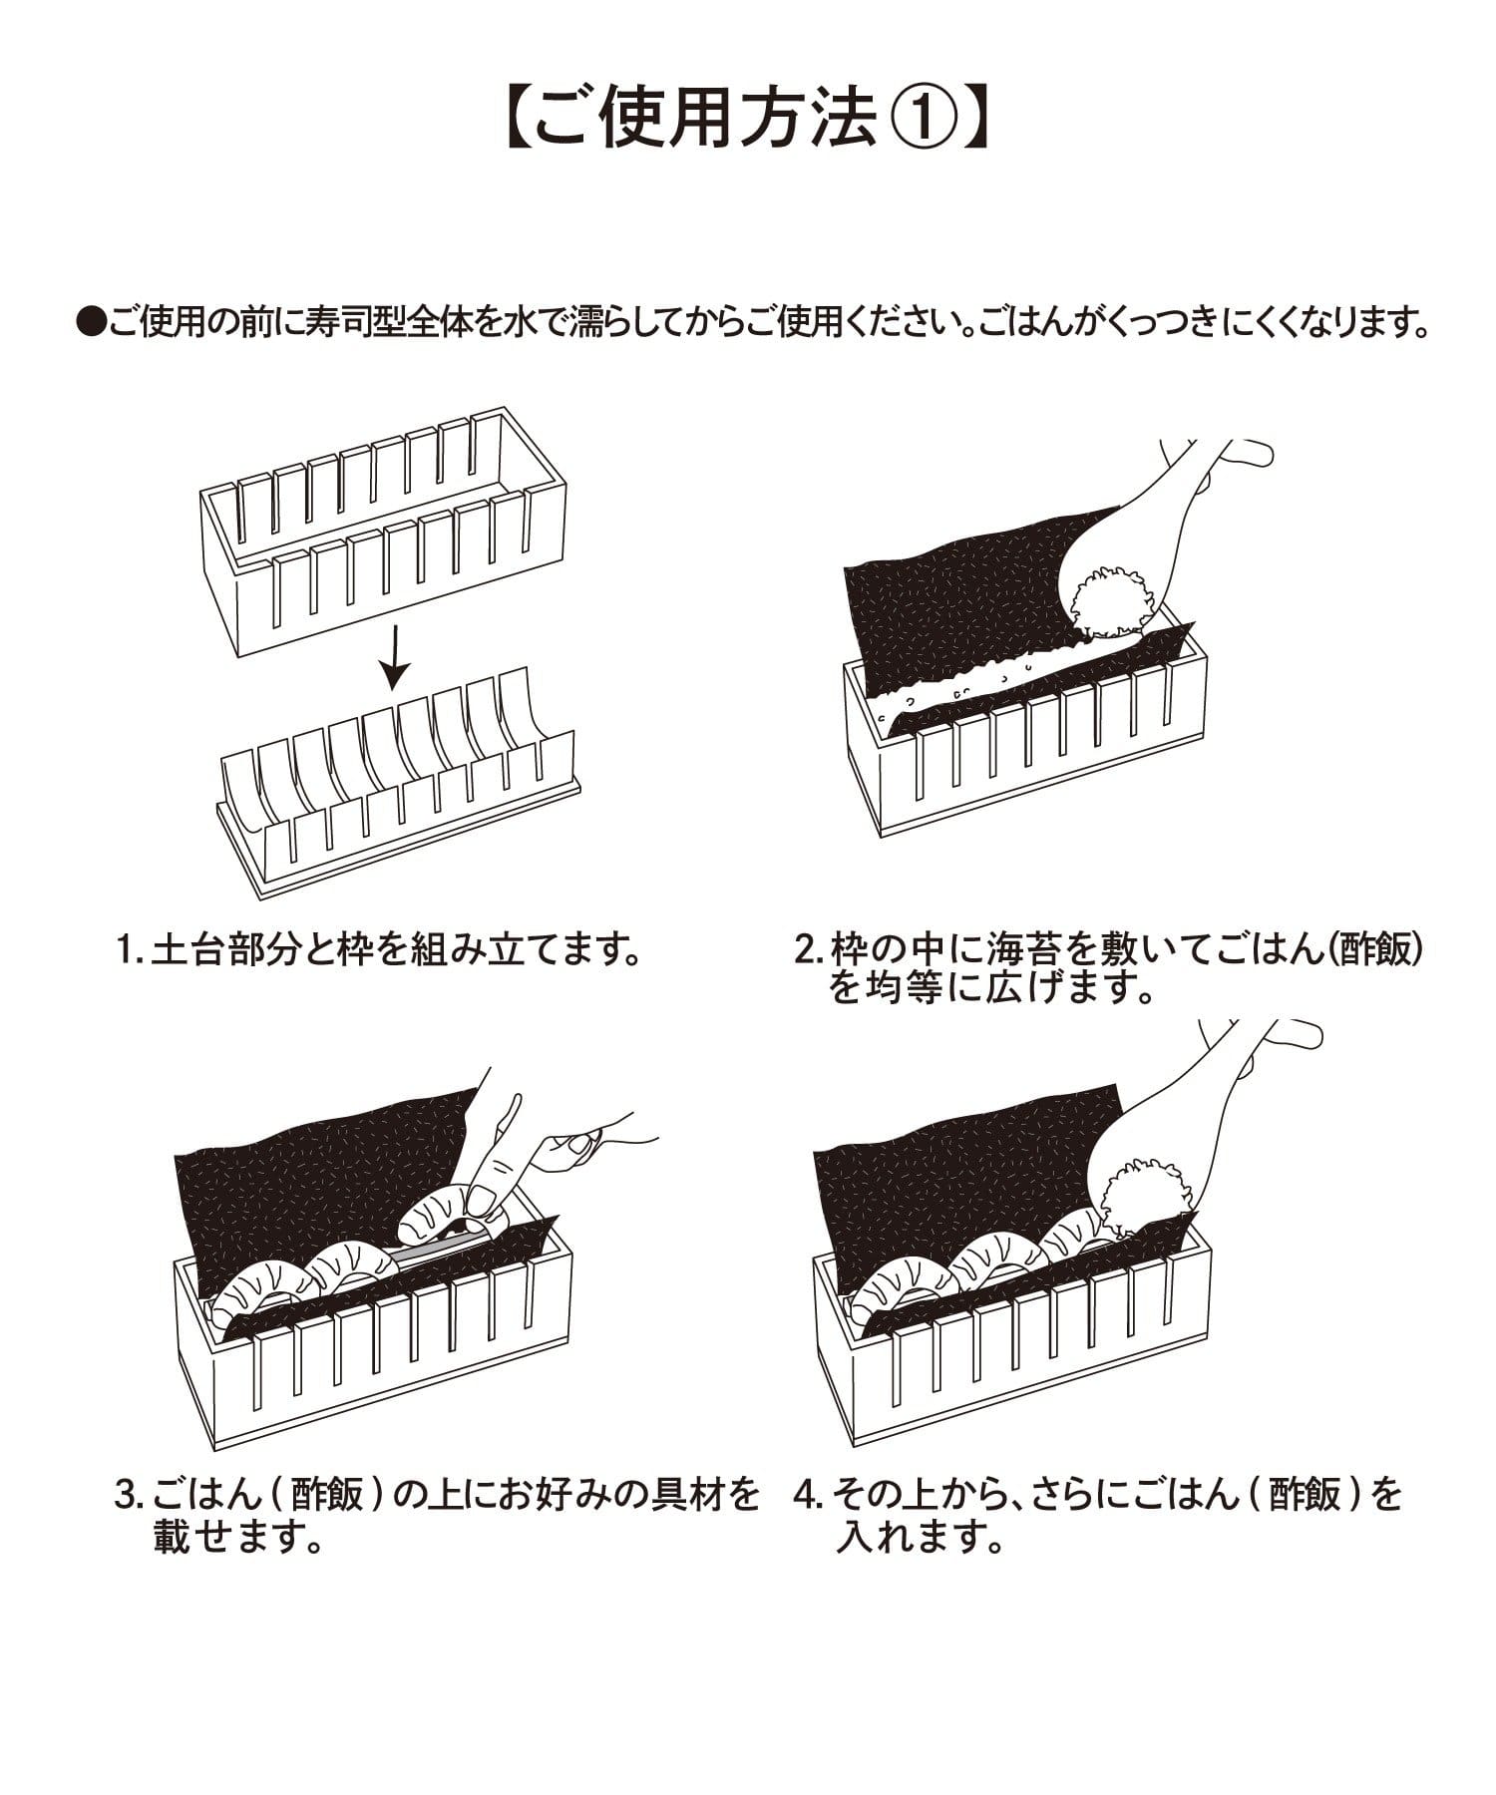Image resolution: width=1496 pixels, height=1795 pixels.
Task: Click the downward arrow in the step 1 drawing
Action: [x=396, y=657]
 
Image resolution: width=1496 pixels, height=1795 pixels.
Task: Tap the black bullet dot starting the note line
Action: [x=91, y=323]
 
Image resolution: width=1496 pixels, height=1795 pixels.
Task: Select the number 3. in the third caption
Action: [x=130, y=1495]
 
